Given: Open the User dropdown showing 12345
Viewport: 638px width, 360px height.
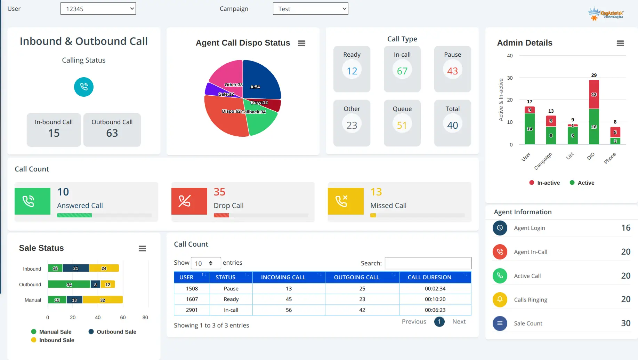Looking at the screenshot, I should pos(98,9).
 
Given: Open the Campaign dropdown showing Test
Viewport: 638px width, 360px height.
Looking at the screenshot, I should pos(310,9).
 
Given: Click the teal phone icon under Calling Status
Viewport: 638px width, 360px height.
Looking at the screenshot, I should pos(84,87).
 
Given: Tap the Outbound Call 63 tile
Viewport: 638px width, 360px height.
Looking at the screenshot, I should pos(112,129).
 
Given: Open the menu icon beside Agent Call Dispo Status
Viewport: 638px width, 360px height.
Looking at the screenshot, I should pos(301,43).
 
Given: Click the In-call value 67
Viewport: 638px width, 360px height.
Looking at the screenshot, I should pos(402,71).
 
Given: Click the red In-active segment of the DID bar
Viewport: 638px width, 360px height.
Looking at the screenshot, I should pos(594,94).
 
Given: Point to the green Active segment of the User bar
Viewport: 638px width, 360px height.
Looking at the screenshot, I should pos(530,129).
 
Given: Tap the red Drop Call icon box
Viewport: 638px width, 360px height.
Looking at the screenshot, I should pos(189,201).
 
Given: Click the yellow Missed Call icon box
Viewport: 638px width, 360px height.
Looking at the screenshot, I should pos(346,201).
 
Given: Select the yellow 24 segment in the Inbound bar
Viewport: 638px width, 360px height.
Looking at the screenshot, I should pos(104,268).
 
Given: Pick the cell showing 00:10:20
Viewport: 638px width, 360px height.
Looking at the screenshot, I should pos(435,299).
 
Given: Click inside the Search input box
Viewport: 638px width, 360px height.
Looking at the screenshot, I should pos(428,263).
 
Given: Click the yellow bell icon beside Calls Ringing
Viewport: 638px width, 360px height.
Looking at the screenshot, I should pos(500,299).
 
